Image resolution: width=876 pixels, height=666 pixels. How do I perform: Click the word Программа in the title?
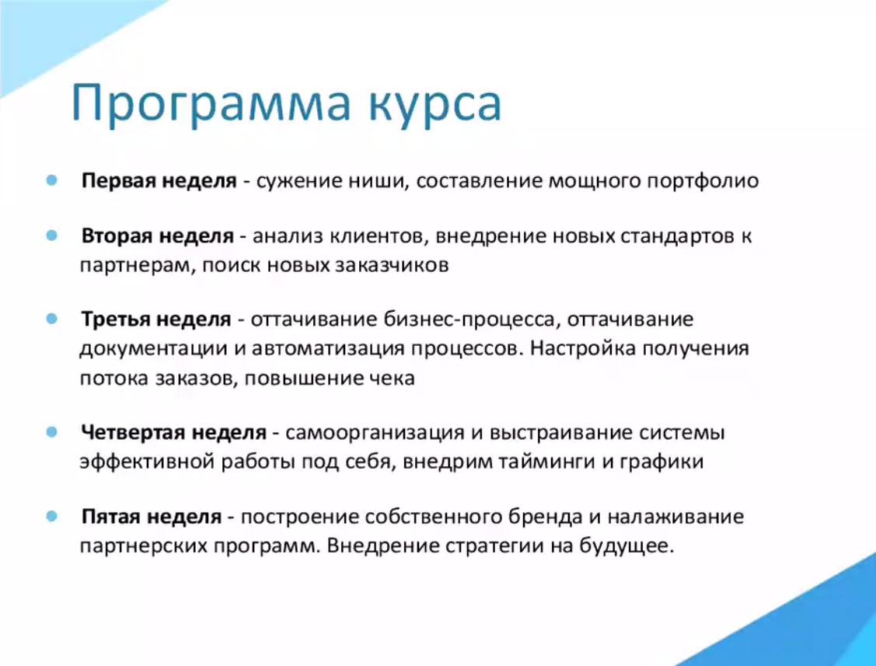[x=211, y=104]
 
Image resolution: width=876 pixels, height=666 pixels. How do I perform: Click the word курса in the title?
[x=435, y=104]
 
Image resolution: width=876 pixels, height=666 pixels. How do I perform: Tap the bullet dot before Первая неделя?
[x=52, y=180]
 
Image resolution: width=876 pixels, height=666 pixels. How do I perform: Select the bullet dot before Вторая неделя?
[x=52, y=235]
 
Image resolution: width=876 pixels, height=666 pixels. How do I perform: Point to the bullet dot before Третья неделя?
[x=52, y=319]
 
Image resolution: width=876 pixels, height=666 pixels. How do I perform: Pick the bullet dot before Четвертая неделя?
[x=52, y=432]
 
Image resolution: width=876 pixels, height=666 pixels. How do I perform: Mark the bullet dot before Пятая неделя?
[x=52, y=516]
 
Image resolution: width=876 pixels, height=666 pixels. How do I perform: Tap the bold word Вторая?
[x=117, y=236]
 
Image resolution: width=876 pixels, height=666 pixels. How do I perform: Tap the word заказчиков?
[x=392, y=265]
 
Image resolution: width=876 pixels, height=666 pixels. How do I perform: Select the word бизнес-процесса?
[x=469, y=320]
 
